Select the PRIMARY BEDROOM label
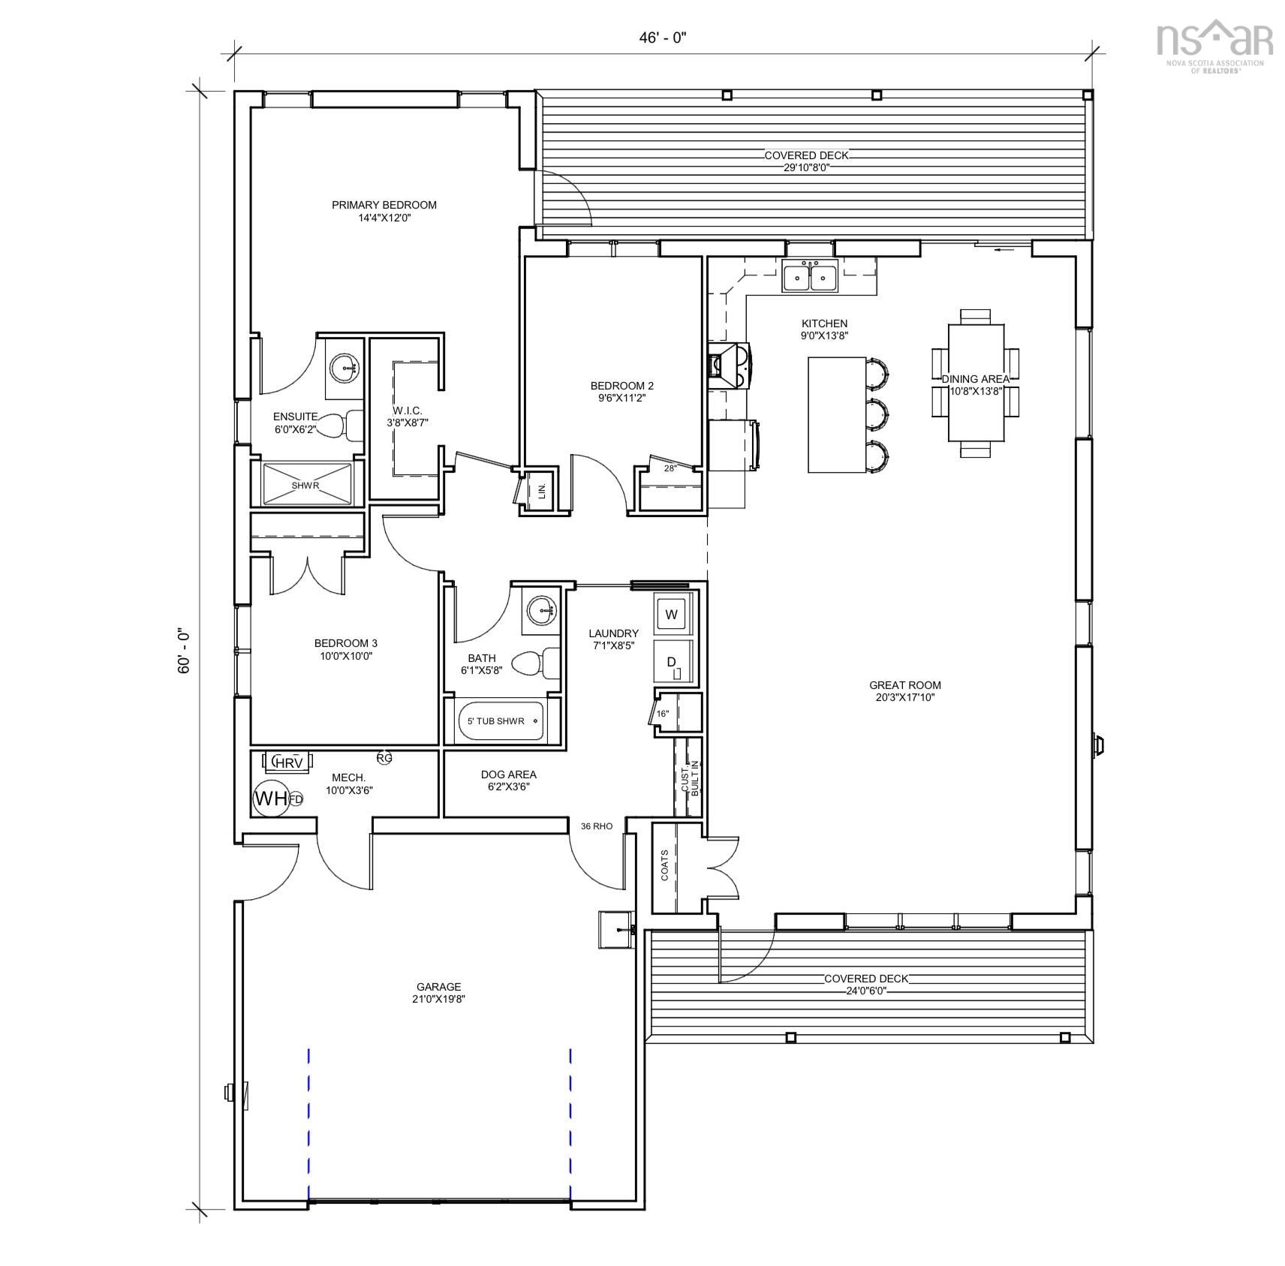(x=384, y=205)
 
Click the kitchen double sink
(x=810, y=278)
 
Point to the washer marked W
(x=671, y=615)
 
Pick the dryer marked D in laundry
(x=671, y=662)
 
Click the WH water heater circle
(x=271, y=798)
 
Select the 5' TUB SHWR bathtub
(x=501, y=721)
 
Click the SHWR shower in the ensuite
(x=306, y=485)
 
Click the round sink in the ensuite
(x=347, y=367)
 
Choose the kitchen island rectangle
(x=837, y=414)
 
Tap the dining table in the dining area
(x=976, y=382)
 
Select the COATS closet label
(x=664, y=865)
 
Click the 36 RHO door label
(x=597, y=826)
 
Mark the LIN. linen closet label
(x=541, y=492)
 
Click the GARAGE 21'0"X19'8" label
(x=438, y=992)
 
